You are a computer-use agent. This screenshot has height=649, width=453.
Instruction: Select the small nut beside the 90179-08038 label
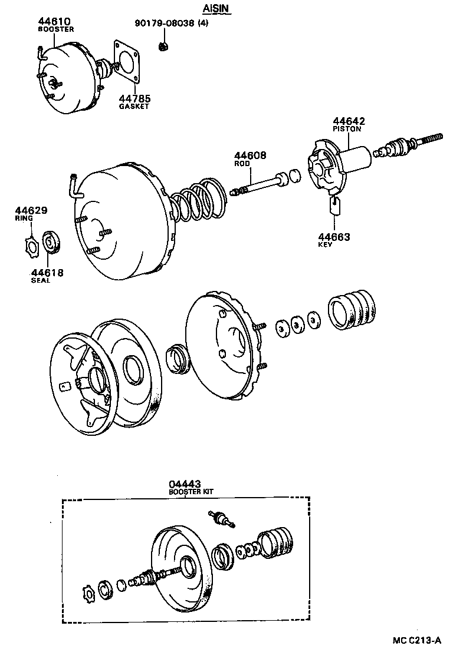coord(165,45)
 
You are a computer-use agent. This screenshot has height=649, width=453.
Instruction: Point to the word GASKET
coord(134,107)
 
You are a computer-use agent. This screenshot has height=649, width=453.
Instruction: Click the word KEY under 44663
coord(325,244)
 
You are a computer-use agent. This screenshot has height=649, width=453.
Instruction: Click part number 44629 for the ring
coord(31,210)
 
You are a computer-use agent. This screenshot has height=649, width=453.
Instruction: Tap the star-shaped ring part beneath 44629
coord(31,243)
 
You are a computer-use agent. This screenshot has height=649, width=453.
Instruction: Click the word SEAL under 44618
coord(41,280)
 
